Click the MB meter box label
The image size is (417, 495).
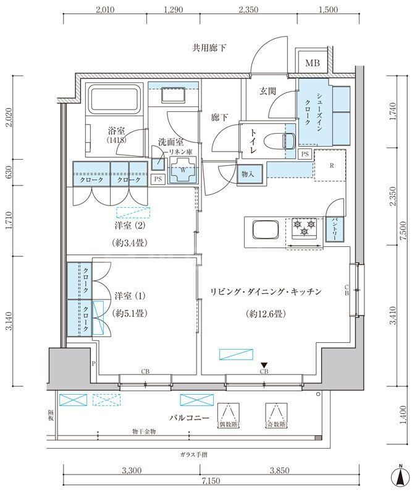[x=313, y=63]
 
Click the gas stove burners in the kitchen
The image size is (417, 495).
[x=303, y=227]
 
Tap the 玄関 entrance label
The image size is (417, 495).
[x=267, y=91]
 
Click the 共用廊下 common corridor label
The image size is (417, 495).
[x=208, y=47]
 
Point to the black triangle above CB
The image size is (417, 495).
[x=264, y=364]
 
